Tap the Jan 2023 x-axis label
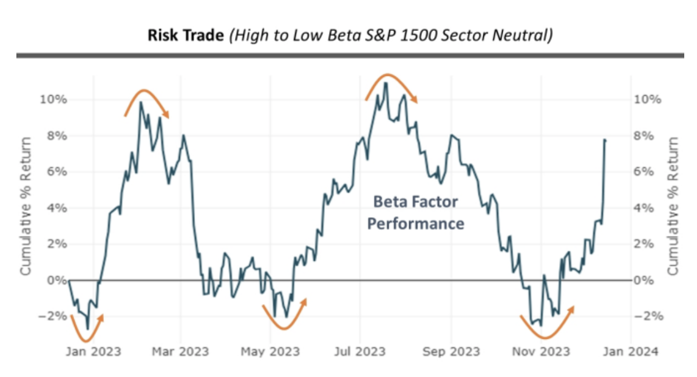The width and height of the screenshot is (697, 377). coord(93,352)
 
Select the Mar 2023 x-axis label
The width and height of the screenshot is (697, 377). coord(180,352)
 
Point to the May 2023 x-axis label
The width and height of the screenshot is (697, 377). coord(270,352)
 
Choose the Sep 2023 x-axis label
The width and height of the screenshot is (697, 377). coord(451,352)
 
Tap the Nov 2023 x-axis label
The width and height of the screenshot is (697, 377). coord(541,352)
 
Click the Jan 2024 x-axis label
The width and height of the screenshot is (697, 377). coord(630,352)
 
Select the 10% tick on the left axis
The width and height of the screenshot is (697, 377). coord(51,99)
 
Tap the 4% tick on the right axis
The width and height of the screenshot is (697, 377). coord(645,208)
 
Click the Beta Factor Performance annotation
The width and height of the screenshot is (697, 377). coord(416,212)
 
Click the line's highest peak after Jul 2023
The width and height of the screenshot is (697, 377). coord(386,83)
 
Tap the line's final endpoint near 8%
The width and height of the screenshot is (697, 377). coord(605,140)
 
